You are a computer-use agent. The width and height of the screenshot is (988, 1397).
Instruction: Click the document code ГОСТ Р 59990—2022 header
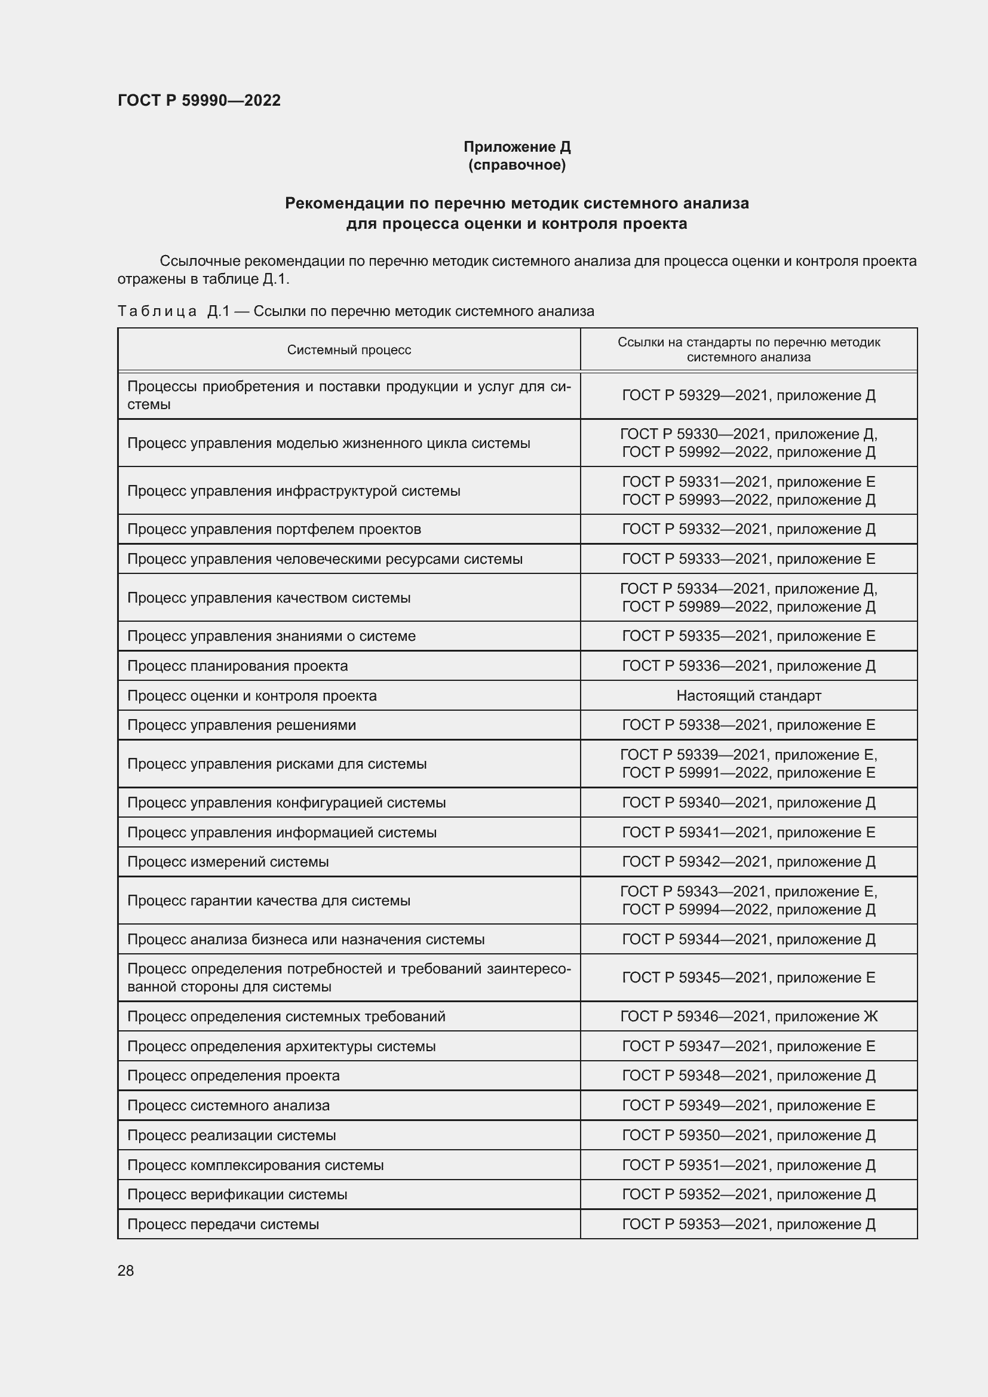coord(199,100)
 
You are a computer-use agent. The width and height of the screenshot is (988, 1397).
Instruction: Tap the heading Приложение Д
coord(517,147)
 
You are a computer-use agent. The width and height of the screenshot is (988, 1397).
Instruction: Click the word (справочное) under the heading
coord(517,165)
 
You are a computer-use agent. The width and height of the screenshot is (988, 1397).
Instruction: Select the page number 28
coord(125,1270)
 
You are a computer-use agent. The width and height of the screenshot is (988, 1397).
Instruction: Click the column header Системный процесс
coord(349,350)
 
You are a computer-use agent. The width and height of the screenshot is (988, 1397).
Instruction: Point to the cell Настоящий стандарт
coord(748,695)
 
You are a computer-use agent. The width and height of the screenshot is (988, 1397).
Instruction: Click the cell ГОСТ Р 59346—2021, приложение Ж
coord(748,1016)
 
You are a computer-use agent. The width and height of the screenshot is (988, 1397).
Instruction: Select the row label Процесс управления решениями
coord(241,725)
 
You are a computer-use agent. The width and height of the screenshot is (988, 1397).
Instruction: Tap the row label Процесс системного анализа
coord(228,1106)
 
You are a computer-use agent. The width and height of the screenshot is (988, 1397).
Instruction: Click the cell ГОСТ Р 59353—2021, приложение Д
coord(748,1224)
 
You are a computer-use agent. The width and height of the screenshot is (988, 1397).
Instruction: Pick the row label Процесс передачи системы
coord(223,1224)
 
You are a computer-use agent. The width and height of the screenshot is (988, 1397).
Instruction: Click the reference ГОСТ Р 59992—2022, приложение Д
coord(748,452)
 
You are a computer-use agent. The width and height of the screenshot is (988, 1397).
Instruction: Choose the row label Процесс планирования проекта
coord(237,665)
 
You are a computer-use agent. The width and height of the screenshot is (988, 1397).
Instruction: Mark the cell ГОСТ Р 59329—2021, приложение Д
coord(748,395)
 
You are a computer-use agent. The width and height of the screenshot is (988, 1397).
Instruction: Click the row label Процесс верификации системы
coord(237,1195)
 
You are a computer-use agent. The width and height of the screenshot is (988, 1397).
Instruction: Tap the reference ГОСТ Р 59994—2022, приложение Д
coord(748,910)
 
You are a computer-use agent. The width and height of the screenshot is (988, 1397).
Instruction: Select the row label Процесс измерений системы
coord(228,862)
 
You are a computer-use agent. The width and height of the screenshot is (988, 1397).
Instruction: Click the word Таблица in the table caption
coord(157,312)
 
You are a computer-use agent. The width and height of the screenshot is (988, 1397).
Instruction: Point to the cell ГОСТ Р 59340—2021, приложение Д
coord(748,803)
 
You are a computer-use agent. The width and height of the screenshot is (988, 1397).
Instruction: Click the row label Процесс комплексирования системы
coord(255,1165)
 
